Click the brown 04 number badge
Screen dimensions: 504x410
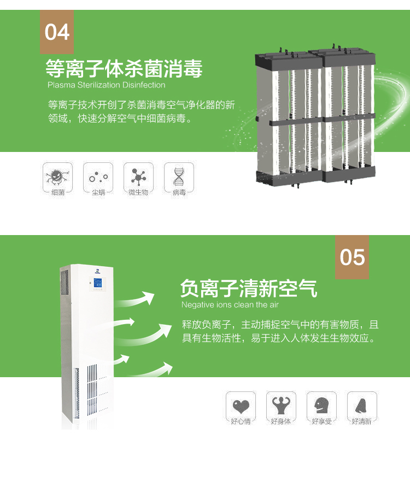57,32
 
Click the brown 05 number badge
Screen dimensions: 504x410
352,257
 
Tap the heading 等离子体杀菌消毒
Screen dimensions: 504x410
124,69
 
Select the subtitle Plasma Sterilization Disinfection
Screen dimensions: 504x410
106,85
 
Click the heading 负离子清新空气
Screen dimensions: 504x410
249,288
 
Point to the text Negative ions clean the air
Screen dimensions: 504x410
230,305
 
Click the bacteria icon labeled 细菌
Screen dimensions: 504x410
57,177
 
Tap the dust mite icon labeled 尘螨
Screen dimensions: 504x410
98,177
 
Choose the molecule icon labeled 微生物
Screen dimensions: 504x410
138,177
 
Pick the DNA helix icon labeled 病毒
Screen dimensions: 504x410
179,177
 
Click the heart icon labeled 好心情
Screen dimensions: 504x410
241,406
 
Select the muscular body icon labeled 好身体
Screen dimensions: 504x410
281,406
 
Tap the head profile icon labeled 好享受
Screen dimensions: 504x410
321,406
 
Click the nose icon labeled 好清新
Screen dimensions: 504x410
362,406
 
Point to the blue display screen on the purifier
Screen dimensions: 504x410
98,284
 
